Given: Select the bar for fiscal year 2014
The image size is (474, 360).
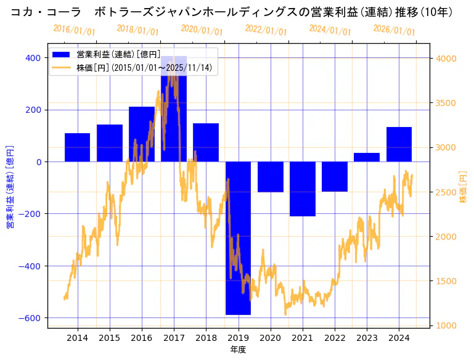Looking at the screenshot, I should (77, 147).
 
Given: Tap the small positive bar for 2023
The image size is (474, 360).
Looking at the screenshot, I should (367, 157).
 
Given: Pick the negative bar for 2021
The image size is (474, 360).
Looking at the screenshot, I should (303, 189).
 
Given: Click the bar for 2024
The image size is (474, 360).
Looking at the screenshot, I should (399, 144).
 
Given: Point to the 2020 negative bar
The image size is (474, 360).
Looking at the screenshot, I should (271, 177).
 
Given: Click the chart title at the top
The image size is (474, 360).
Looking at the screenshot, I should (237, 12).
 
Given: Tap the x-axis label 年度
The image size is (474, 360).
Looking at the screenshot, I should (238, 350).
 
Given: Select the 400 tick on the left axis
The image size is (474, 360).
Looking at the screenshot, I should (33, 58).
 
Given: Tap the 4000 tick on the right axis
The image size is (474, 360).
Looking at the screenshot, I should (446, 58).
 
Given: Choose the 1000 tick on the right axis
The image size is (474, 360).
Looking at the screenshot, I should (446, 325).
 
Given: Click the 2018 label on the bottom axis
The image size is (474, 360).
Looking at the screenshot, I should (206, 338).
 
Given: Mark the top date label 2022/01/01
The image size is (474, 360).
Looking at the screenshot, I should (266, 30).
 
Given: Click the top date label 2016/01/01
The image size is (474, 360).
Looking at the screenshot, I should (74, 30).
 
